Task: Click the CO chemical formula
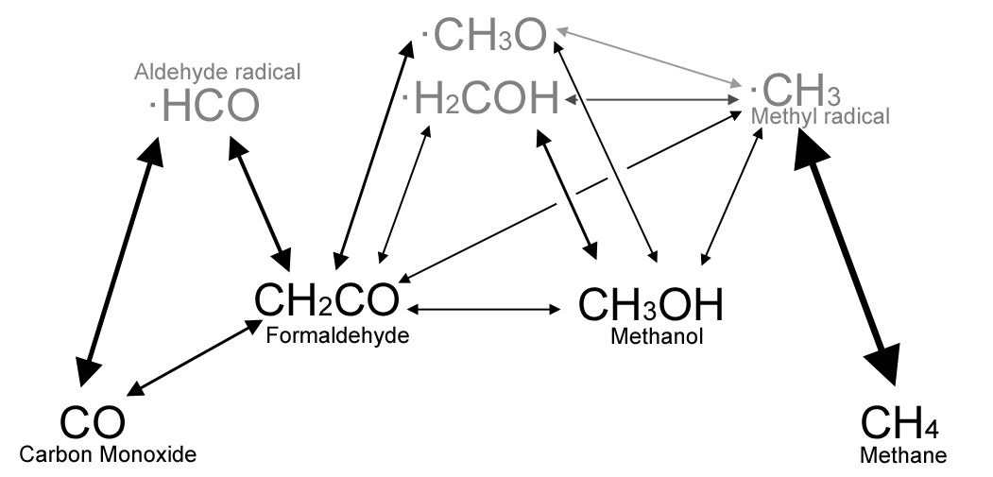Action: click(93, 422)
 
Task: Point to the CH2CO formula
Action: click(327, 301)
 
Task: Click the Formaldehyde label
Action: click(337, 334)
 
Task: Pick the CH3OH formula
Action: click(650, 304)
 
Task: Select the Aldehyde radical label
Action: click(217, 73)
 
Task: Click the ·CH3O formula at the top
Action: click(485, 36)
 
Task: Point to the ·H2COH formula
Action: click(481, 99)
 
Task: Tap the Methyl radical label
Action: click(820, 117)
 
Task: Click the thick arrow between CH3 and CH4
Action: click(847, 255)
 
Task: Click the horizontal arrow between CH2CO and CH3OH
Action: click(485, 309)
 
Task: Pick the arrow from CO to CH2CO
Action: click(195, 357)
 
